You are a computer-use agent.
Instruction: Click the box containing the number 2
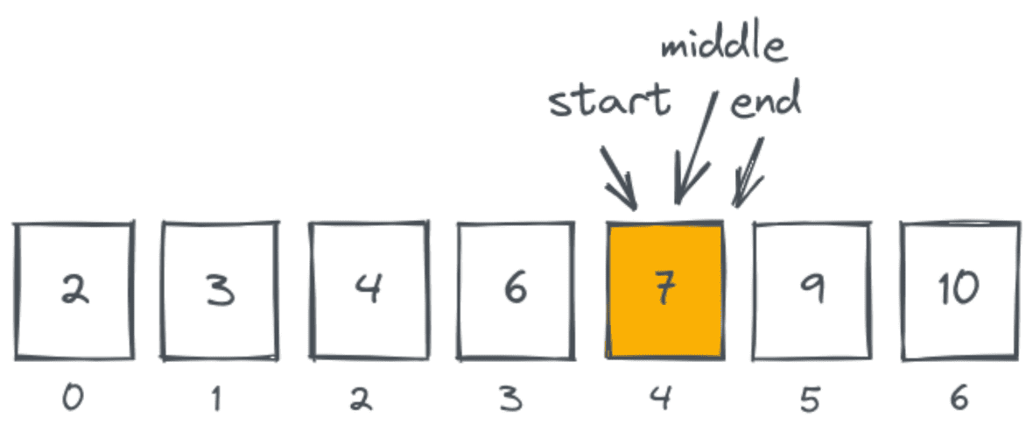click(74, 291)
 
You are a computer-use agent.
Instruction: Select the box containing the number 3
click(220, 291)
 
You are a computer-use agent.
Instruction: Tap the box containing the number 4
click(368, 291)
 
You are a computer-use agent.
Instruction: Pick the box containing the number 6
click(515, 291)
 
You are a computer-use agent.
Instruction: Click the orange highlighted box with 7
click(664, 291)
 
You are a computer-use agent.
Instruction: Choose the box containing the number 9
click(812, 291)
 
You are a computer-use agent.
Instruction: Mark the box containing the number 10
click(959, 291)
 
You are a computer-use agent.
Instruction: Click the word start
click(609, 103)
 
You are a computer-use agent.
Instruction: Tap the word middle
click(724, 47)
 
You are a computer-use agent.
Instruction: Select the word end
click(764, 103)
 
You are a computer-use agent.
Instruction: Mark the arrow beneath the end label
click(749, 173)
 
